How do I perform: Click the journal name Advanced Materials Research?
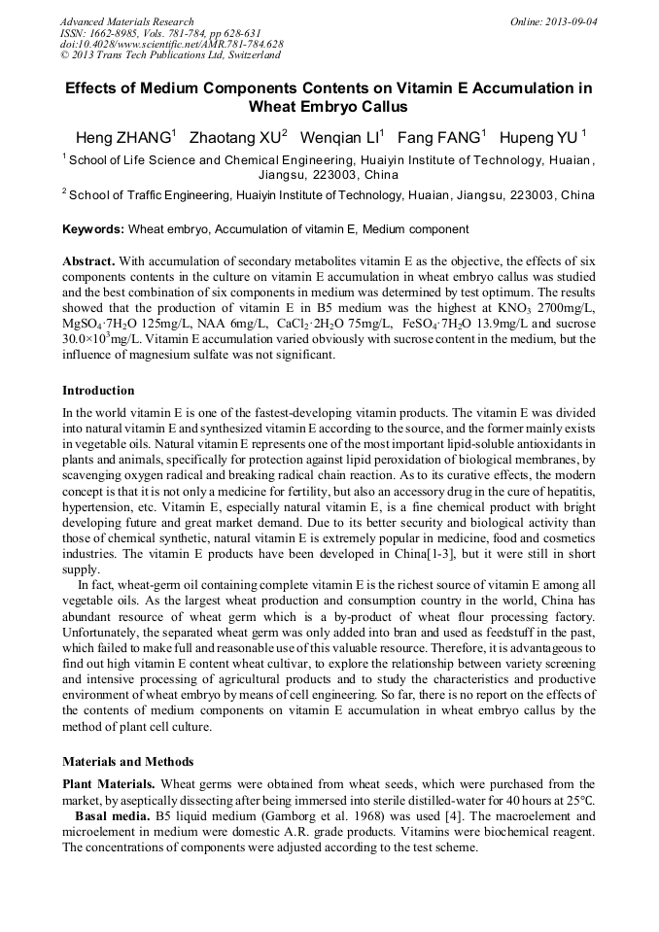[x=126, y=21]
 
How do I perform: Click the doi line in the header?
[x=171, y=45]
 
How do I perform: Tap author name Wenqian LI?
[x=339, y=136]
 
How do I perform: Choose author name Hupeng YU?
[x=545, y=136]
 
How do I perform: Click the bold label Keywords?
[x=93, y=230]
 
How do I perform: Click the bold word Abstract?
[x=88, y=262]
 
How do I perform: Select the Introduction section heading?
[x=98, y=391]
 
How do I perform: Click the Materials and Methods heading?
[x=127, y=762]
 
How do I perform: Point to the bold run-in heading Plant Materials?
[x=108, y=784]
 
